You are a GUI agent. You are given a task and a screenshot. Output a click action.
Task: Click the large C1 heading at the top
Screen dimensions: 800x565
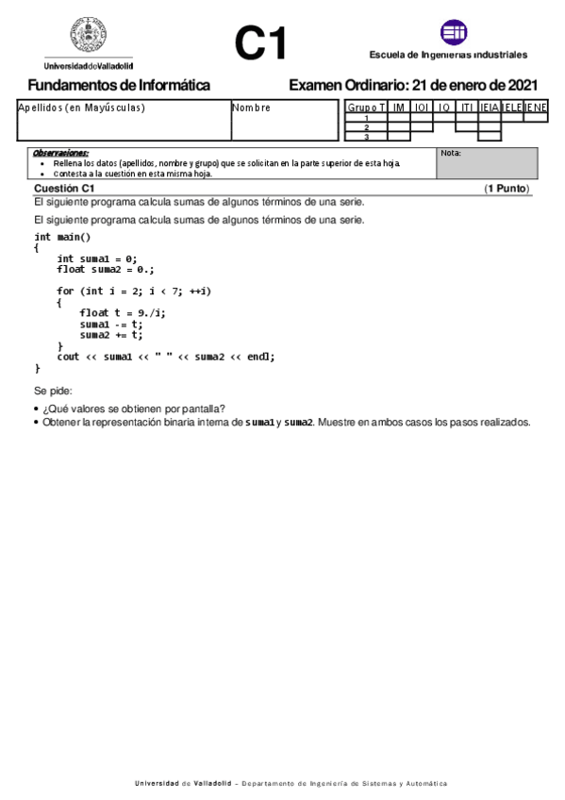pos(260,43)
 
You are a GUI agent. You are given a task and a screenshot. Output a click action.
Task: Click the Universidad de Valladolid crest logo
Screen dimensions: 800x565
pos(88,37)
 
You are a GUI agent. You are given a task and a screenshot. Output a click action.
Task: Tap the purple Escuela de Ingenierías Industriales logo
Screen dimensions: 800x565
pos(454,33)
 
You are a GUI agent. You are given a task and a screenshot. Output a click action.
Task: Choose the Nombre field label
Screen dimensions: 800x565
pos(252,108)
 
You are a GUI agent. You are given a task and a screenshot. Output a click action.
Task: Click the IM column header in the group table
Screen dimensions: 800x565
pos(398,108)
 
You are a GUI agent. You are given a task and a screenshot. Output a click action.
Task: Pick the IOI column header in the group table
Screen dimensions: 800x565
pos(422,108)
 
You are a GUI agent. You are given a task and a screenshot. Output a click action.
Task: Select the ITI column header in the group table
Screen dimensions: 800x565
pos(467,108)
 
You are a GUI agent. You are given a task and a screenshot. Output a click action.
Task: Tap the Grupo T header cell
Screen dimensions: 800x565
pos(366,108)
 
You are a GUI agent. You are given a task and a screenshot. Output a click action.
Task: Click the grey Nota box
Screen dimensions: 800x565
pos(487,163)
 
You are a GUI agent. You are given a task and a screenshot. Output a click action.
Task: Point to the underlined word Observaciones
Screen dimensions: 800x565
pos(60,152)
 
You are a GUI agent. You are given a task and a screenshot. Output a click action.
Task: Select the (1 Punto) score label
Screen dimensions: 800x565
pos(507,189)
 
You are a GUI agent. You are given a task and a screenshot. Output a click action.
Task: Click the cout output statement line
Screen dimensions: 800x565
pos(166,357)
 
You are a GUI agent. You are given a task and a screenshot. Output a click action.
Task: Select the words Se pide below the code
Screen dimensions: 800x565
pos(53,390)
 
